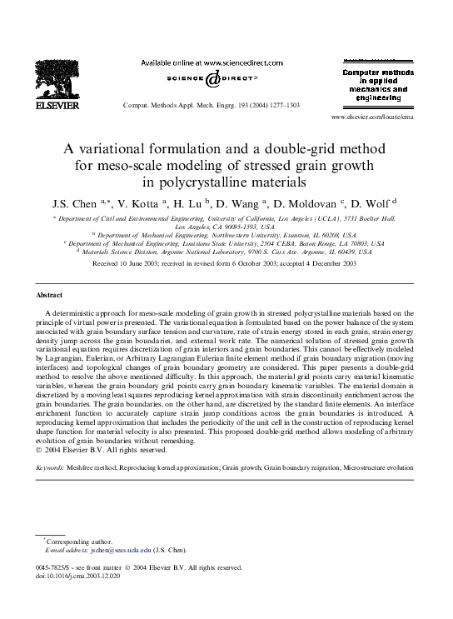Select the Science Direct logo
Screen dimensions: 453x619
tap(212, 79)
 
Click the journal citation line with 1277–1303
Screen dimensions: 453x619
tap(211, 107)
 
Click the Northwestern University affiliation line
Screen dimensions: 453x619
tap(225, 235)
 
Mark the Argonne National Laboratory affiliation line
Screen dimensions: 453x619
tap(226, 251)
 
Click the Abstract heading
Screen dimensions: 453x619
tap(49, 296)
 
